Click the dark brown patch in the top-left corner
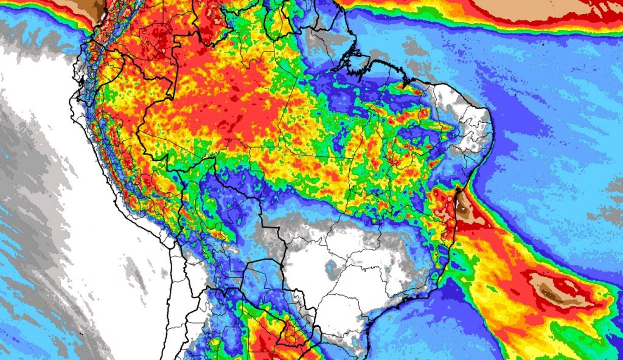coord(91,7)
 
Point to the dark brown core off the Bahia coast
coord(465,210)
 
